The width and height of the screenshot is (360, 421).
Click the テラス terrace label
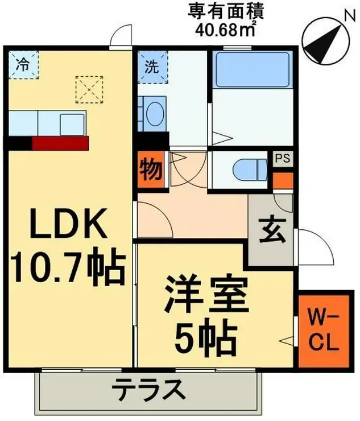tap(149, 391)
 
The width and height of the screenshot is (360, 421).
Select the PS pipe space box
tap(282, 158)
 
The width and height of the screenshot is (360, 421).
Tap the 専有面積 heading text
tap(218, 10)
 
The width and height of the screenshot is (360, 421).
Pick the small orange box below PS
tap(282, 180)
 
